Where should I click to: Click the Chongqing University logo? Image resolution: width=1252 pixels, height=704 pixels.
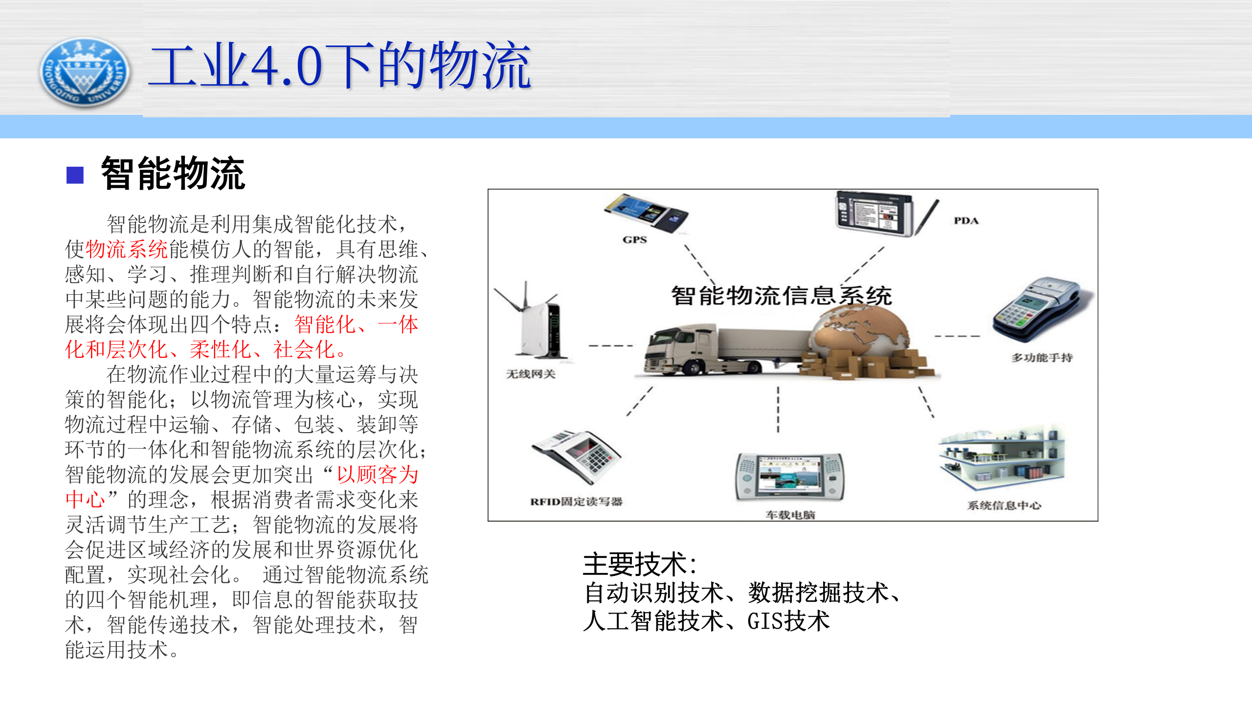(84, 72)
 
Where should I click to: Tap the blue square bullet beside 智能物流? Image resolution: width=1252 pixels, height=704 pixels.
(75, 175)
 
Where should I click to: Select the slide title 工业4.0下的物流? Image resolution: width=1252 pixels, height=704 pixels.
(339, 66)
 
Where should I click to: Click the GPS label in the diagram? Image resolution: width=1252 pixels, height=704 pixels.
(634, 240)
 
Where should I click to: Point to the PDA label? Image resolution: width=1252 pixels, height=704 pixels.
(966, 220)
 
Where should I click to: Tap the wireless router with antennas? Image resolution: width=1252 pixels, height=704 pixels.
(536, 323)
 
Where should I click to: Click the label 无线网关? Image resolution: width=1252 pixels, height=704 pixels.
(531, 374)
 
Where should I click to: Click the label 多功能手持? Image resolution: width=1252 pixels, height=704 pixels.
(1042, 357)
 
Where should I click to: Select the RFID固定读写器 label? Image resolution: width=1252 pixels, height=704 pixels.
(576, 502)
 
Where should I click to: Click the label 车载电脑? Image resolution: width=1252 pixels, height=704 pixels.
(790, 515)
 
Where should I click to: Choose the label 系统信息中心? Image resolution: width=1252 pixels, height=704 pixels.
(1004, 506)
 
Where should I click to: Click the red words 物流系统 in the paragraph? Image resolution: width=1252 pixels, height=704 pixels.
(126, 249)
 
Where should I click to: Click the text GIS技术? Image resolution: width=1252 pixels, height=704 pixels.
(788, 621)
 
